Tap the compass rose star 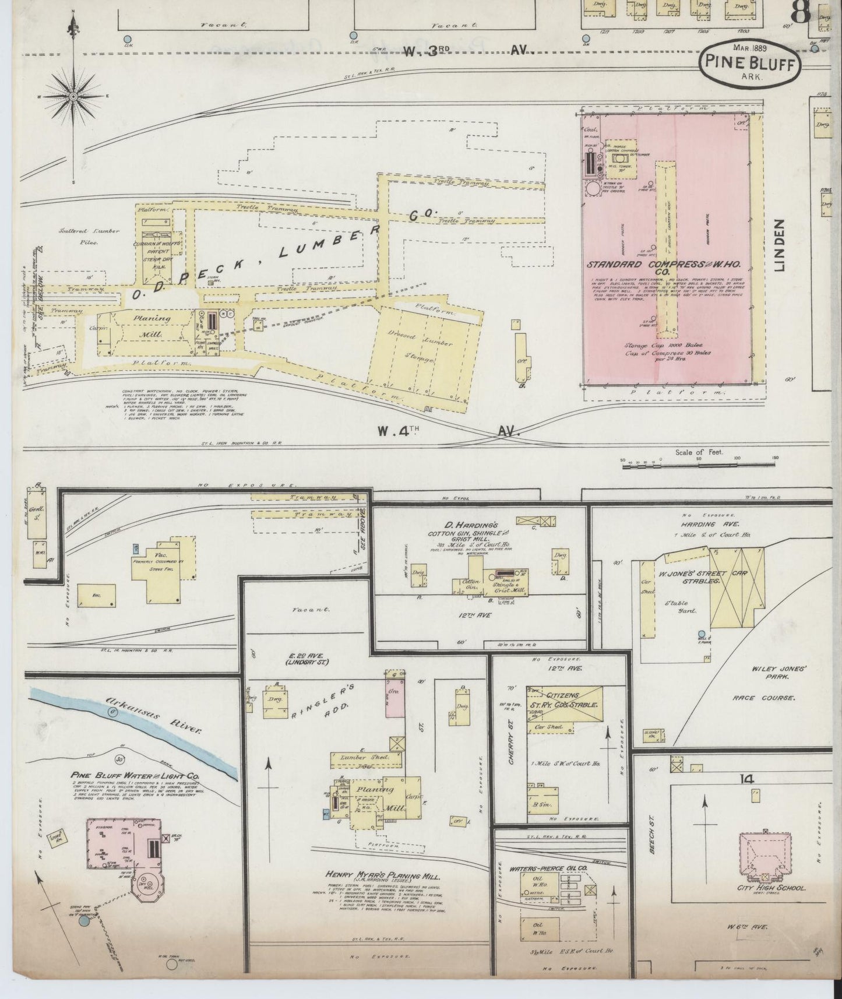[x=74, y=96]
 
